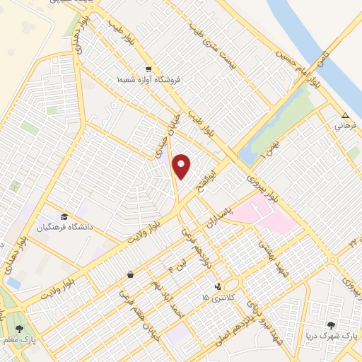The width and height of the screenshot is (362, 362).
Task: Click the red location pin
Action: (x=182, y=166)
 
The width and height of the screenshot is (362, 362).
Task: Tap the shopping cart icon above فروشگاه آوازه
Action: (x=148, y=69)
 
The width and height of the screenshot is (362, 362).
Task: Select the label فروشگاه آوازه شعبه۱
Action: (x=150, y=80)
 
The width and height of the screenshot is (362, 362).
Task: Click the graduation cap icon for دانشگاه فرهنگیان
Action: (x=64, y=216)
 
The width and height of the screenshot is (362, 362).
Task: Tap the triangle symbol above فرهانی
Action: (x=345, y=117)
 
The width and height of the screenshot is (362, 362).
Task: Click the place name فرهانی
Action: (x=345, y=127)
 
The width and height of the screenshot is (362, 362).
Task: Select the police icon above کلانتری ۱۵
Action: (x=217, y=286)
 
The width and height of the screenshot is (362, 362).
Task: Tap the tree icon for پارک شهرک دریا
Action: (x=331, y=325)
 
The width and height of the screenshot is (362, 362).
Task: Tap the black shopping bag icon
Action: (x=130, y=274)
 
